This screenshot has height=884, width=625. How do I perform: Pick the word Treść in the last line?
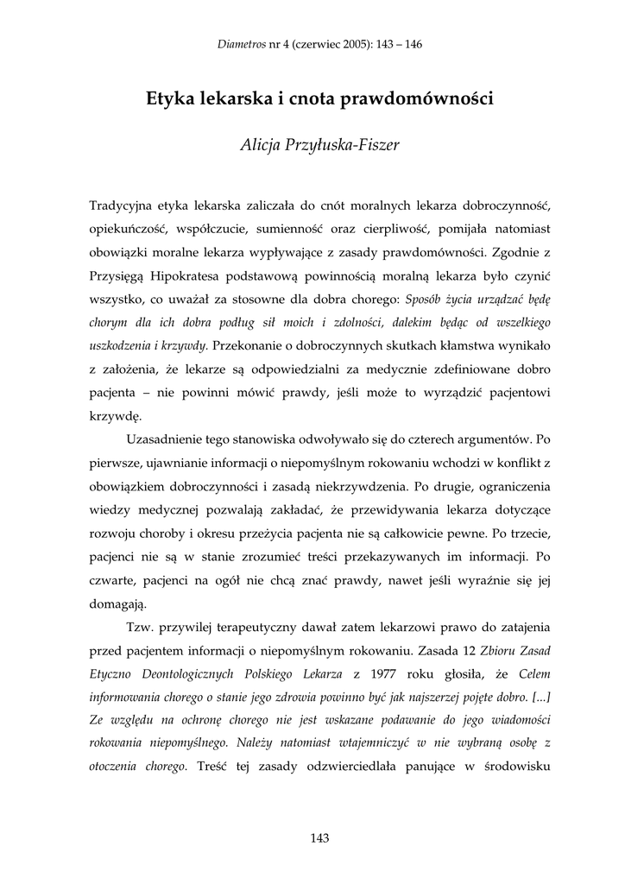[213, 766]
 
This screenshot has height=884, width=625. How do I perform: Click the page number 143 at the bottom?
[319, 837]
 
